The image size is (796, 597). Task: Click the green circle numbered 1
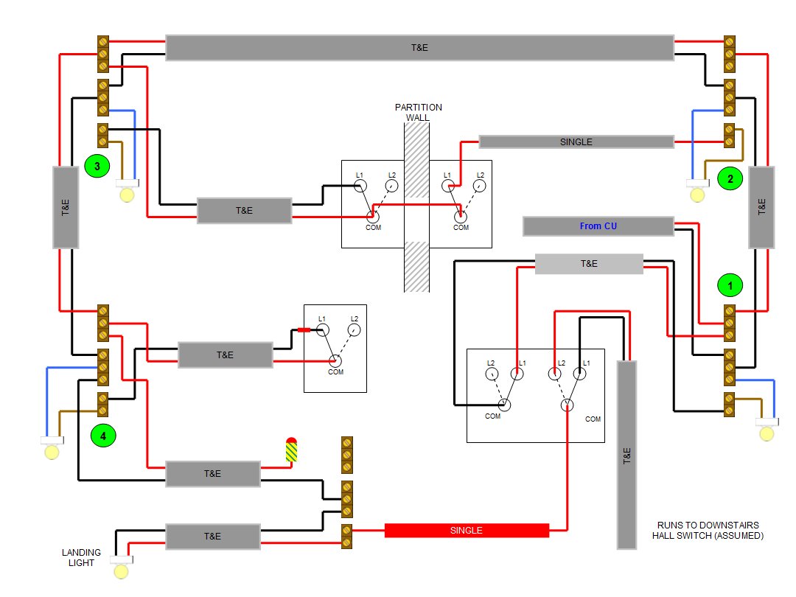(730, 284)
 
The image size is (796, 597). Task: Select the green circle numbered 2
(730, 178)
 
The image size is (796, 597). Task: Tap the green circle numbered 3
(95, 167)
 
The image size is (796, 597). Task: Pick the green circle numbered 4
(102, 436)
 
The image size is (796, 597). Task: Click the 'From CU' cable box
(598, 226)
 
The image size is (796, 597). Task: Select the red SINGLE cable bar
(467, 531)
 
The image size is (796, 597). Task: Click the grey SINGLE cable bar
(576, 142)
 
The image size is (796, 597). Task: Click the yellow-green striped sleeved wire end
(291, 450)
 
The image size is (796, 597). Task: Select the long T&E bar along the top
(419, 47)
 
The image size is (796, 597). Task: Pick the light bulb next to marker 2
(696, 195)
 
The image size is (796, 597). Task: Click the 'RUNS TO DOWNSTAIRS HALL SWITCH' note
(708, 531)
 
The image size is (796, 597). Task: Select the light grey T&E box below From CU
(588, 264)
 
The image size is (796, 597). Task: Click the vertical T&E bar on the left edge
(65, 207)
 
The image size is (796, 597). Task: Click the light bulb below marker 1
(767, 433)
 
